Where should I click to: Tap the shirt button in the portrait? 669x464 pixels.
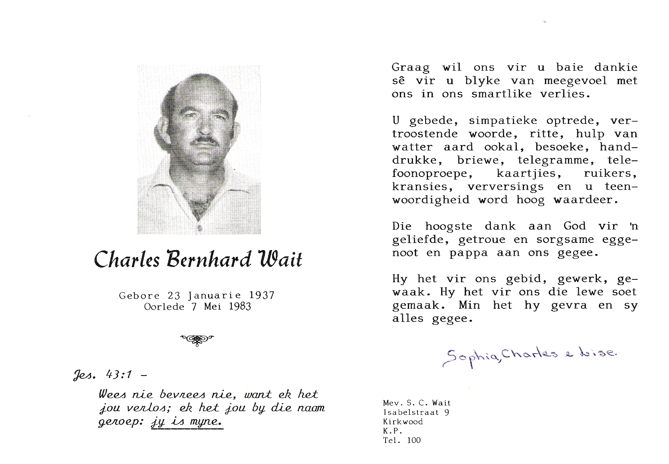tap(199, 227)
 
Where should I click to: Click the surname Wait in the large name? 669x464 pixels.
tap(280, 259)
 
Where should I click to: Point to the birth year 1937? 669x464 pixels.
tap(262, 295)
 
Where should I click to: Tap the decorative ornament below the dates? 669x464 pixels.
tap(197, 339)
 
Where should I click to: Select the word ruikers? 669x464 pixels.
tap(610, 173)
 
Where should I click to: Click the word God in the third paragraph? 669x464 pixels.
tap(574, 226)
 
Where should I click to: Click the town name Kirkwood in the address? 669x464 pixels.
tap(403, 422)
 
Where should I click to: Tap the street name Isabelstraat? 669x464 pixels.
tap(412, 413)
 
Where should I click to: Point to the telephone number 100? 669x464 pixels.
tap(414, 440)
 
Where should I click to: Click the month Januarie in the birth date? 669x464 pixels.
tap(214, 295)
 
